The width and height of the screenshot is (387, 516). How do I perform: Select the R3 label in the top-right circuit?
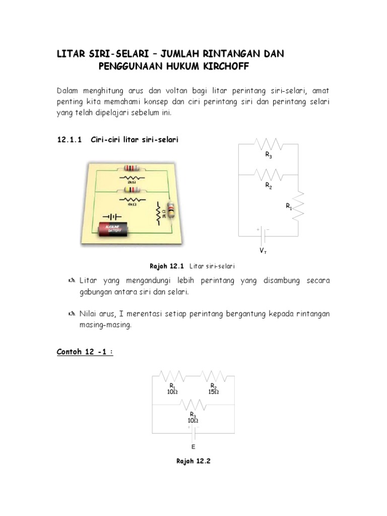(x=269, y=156)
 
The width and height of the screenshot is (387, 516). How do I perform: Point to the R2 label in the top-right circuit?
(x=269, y=185)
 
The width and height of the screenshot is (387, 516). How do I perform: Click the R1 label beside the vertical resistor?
(x=289, y=206)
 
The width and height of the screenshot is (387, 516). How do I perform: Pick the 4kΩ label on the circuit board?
(x=132, y=205)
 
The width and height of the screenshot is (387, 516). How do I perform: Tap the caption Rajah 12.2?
(x=193, y=461)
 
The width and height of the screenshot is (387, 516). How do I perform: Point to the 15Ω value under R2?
(x=214, y=392)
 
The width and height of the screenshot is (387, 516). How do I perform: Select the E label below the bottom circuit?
(x=193, y=446)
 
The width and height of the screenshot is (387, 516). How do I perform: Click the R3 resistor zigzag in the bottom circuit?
(x=193, y=405)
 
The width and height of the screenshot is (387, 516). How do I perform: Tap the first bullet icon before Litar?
(x=70, y=280)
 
